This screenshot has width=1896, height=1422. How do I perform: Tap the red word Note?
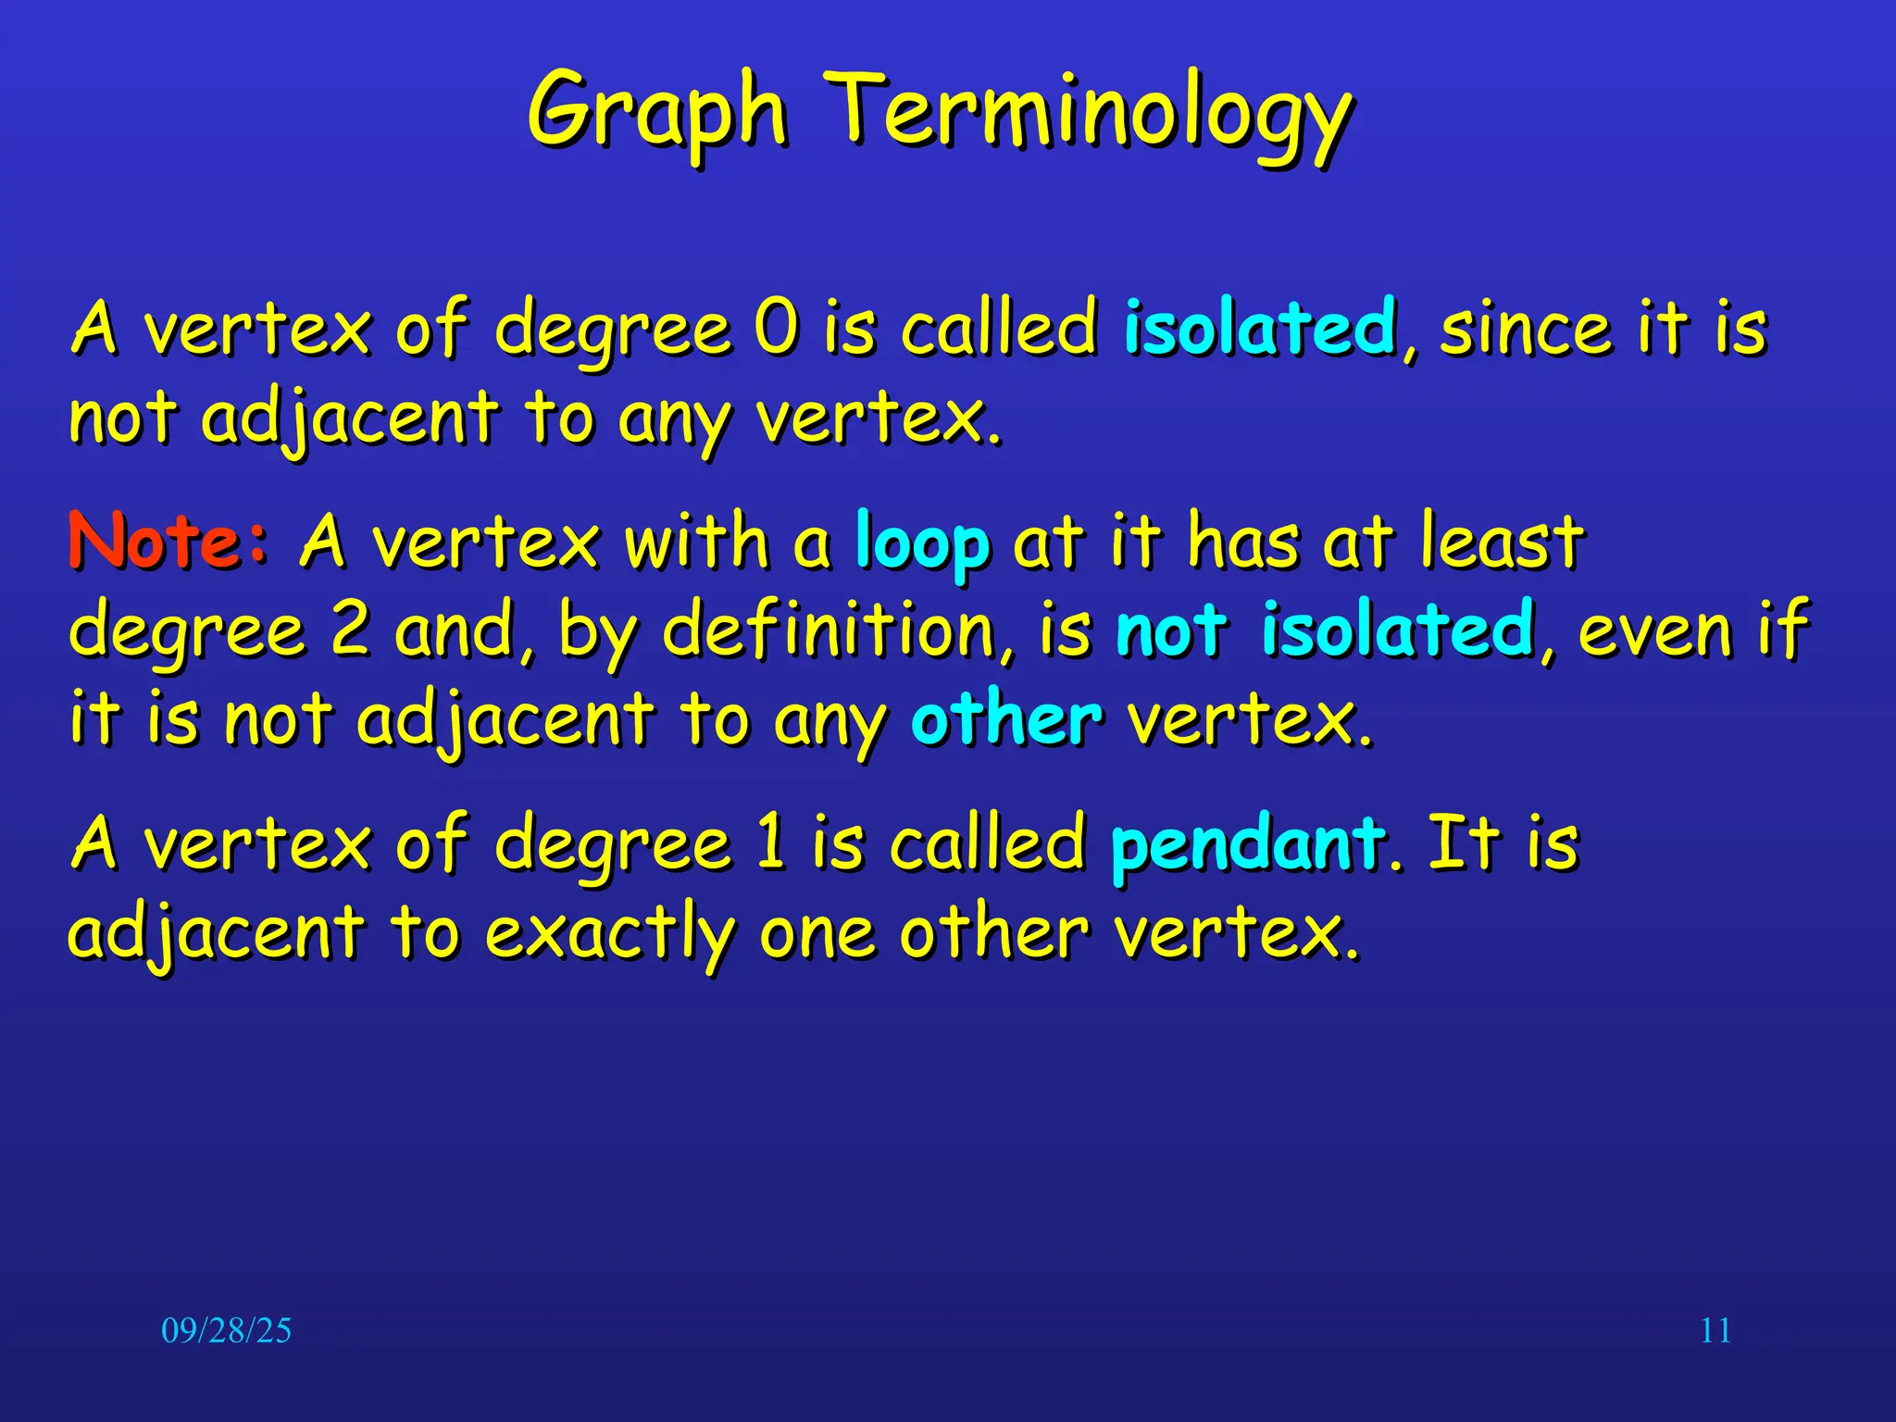point(156,541)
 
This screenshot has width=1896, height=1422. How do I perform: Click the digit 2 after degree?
point(350,630)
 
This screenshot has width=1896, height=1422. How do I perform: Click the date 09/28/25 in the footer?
point(226,1330)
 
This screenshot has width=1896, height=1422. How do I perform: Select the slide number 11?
point(1715,1330)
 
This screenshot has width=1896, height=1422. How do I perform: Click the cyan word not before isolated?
point(1171,630)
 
